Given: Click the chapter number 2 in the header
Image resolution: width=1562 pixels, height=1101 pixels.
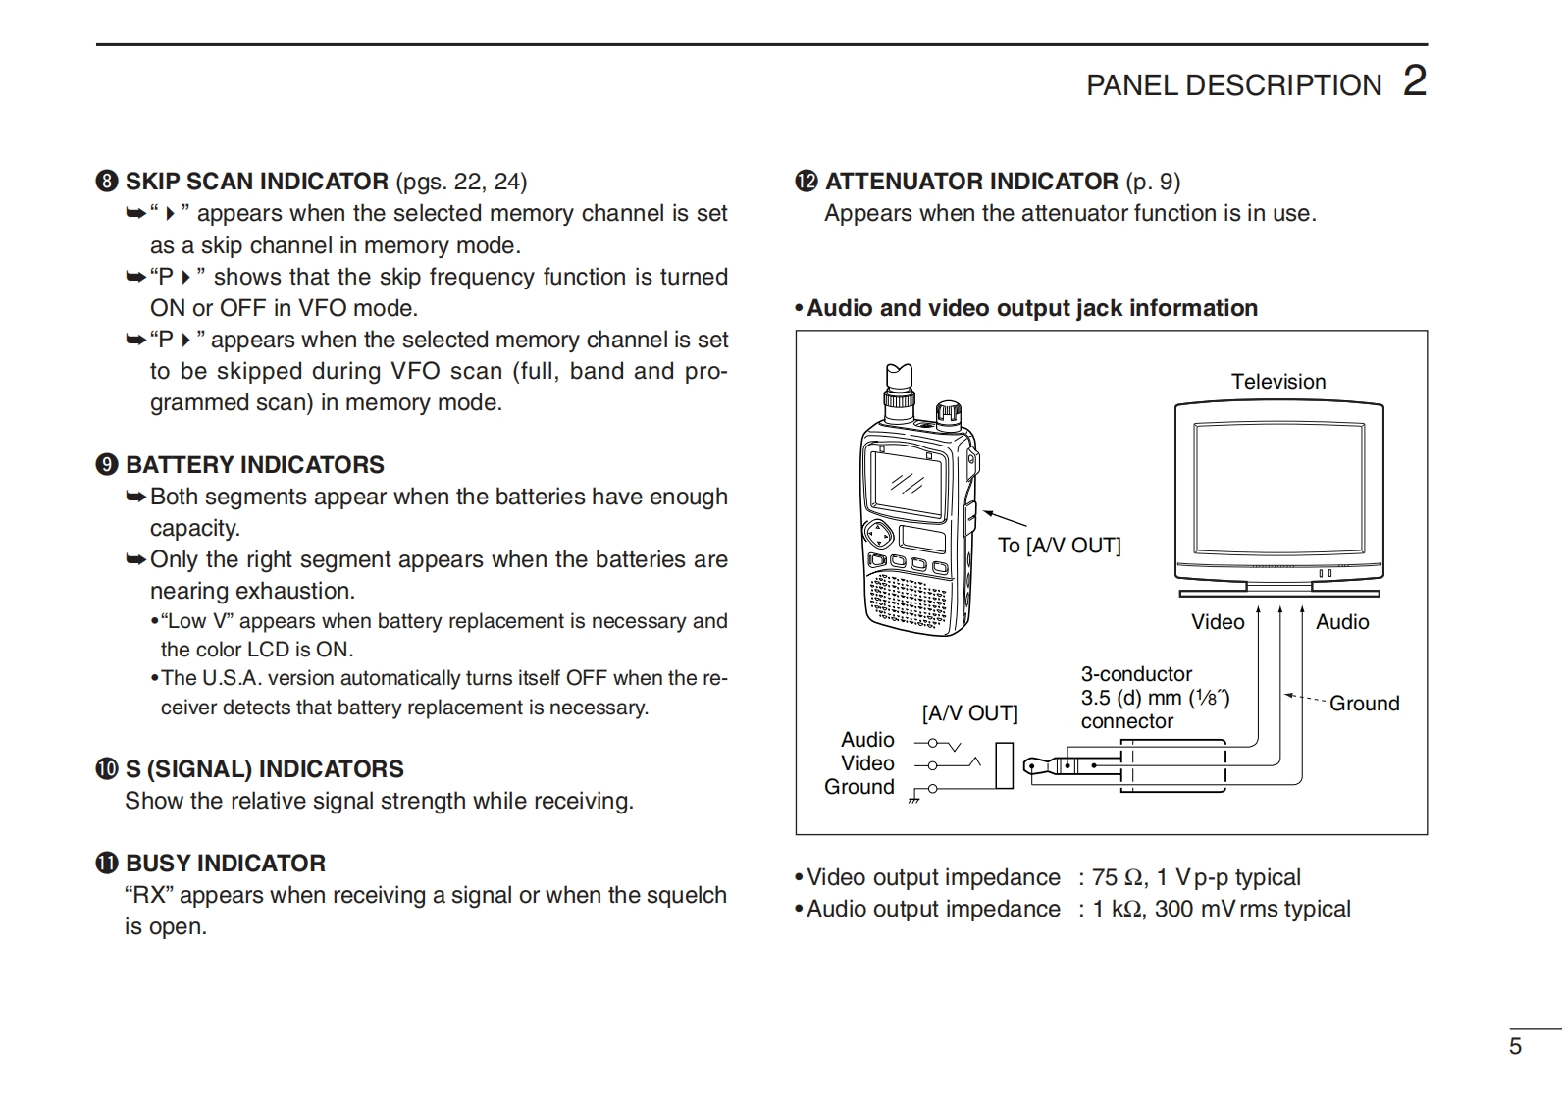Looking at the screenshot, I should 1414,80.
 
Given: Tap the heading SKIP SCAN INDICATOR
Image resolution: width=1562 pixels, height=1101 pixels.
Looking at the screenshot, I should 257,182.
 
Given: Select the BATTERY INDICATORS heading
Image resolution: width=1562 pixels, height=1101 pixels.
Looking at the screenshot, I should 255,465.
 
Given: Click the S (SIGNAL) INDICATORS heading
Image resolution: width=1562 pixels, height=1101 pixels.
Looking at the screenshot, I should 265,769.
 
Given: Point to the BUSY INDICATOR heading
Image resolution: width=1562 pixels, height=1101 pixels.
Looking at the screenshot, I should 226,864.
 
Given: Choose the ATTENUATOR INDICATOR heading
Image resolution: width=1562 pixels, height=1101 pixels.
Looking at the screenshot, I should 971,182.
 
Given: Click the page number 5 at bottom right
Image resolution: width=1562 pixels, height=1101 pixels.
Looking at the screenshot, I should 1515,1046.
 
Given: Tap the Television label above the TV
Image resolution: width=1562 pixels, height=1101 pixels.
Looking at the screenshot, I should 1278,382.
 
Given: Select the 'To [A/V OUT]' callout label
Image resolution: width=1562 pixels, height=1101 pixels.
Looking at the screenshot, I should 1059,546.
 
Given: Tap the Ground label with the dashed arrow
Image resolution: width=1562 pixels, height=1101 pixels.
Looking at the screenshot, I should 1364,704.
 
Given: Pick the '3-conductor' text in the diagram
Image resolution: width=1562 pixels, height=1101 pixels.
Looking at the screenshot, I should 1136,674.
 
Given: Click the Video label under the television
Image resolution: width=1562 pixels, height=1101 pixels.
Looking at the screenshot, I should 1218,622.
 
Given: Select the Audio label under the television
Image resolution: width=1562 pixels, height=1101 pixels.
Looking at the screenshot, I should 1342,622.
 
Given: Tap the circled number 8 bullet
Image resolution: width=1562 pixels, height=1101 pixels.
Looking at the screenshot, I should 107,182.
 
